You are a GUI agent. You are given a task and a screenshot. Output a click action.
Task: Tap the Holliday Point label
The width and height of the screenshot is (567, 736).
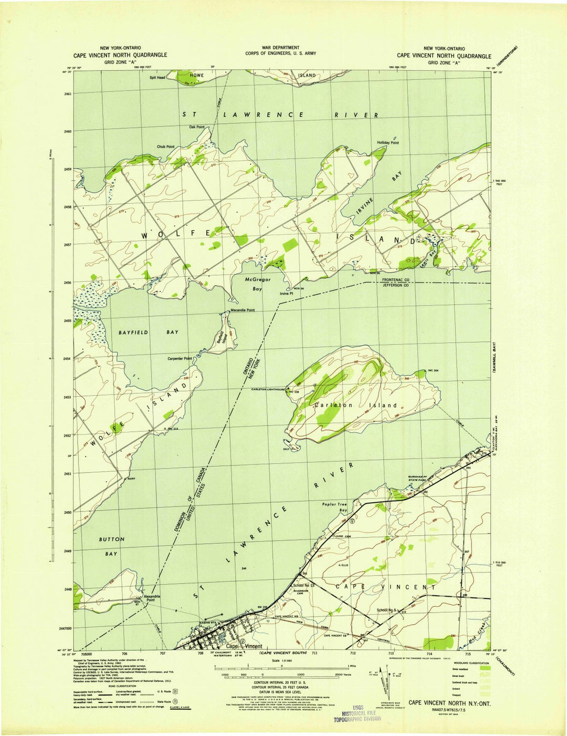pyautogui.click(x=387, y=143)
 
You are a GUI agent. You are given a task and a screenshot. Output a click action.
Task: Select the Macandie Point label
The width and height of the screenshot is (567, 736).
pyautogui.click(x=243, y=310)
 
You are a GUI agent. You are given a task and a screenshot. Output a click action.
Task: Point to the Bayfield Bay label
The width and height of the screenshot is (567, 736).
pyautogui.click(x=148, y=333)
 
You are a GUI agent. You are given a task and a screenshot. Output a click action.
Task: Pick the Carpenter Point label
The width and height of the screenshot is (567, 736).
pyautogui.click(x=180, y=359)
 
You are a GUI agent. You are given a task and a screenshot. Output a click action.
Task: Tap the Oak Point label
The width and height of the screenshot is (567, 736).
pyautogui.click(x=196, y=127)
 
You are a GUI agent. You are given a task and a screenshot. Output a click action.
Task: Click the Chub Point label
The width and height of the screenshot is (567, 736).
pyautogui.click(x=165, y=147)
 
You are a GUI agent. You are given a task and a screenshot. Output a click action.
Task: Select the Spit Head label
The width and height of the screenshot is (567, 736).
pyautogui.click(x=157, y=78)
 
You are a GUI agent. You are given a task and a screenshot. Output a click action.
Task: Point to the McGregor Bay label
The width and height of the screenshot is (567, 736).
pyautogui.click(x=258, y=284)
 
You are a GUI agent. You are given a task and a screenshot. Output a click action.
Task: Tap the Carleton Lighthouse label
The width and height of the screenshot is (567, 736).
pyautogui.click(x=267, y=389)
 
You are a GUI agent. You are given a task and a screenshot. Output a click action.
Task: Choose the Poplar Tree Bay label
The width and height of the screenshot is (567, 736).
pyautogui.click(x=335, y=507)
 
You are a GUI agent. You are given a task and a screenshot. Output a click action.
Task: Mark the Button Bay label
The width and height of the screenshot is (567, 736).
pyautogui.click(x=112, y=546)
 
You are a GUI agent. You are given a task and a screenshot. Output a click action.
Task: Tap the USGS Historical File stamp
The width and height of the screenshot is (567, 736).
pyautogui.click(x=358, y=713)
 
